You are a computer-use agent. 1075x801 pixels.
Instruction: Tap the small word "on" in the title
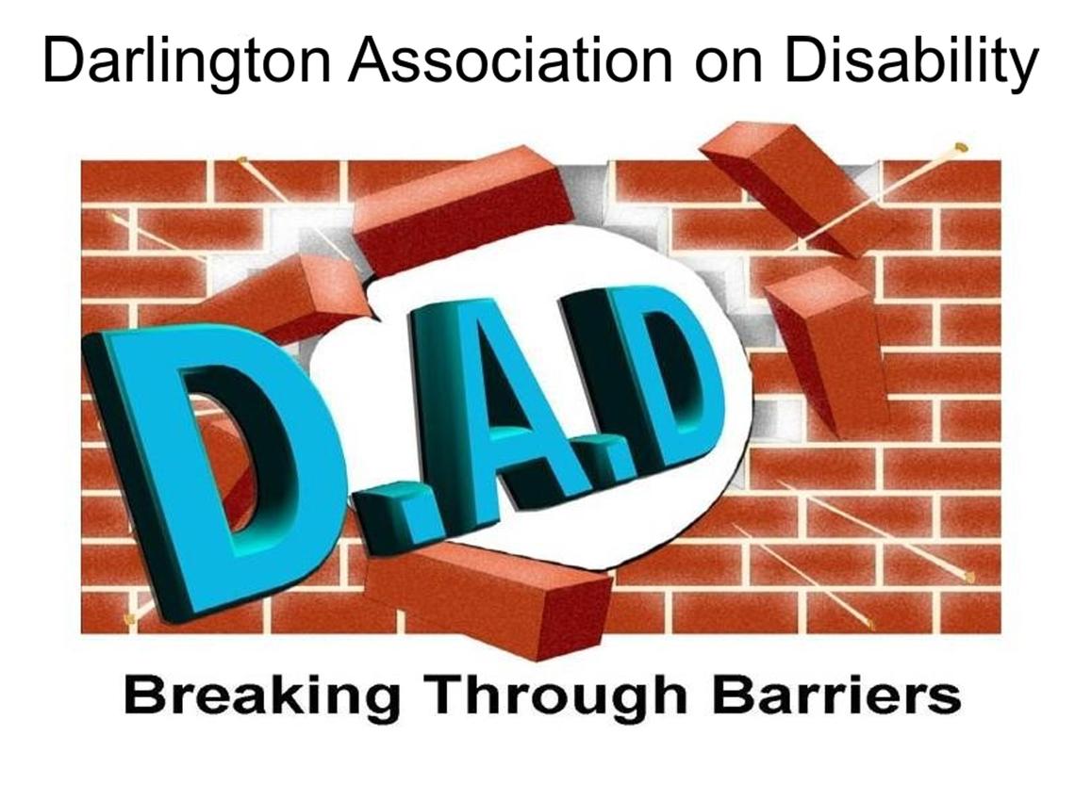click(728, 66)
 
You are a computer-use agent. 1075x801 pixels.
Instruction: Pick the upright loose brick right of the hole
click(826, 350)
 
